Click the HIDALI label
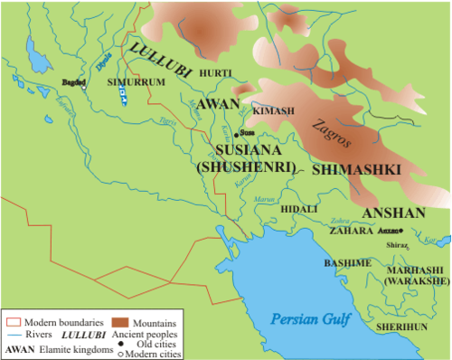pyautogui.click(x=299, y=208)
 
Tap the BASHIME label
pyautogui.click(x=347, y=262)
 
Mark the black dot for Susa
pyautogui.click(x=237, y=132)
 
